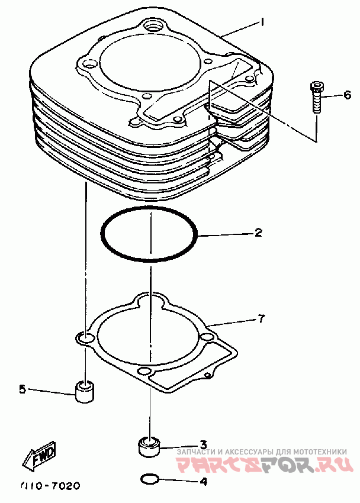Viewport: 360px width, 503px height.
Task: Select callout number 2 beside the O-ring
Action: click(x=258, y=233)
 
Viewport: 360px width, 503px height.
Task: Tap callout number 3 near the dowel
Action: click(x=202, y=444)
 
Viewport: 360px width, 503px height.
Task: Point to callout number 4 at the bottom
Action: click(x=202, y=481)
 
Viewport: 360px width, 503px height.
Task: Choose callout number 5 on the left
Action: click(x=22, y=389)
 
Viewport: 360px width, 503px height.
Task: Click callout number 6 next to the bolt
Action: click(x=347, y=95)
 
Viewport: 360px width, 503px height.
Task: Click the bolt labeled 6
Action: click(x=316, y=98)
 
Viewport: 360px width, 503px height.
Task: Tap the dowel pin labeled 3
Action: click(x=150, y=446)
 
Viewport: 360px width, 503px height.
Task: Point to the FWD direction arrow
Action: click(x=40, y=456)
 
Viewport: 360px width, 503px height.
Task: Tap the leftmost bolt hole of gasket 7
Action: click(x=86, y=338)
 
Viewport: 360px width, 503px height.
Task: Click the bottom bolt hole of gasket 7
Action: click(x=143, y=372)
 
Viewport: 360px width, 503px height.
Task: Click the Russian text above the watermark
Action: click(x=266, y=452)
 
